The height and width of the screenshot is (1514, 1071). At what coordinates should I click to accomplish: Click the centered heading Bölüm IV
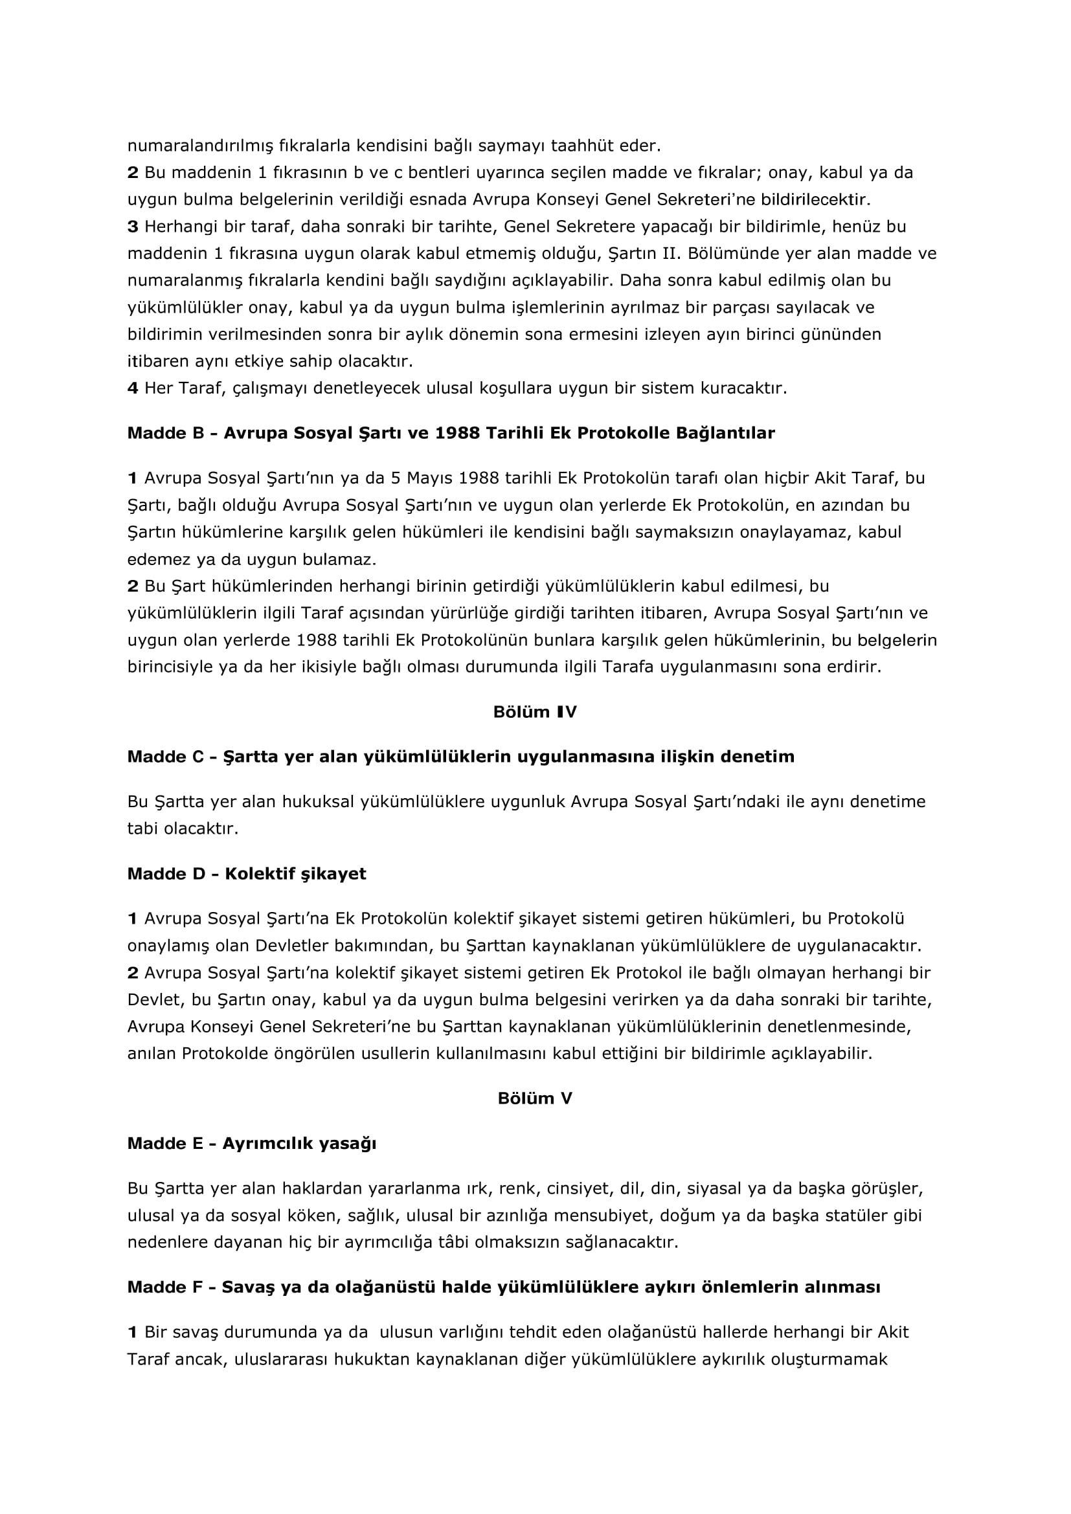[x=535, y=712]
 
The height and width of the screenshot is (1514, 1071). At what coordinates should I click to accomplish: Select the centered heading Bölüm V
[x=535, y=1098]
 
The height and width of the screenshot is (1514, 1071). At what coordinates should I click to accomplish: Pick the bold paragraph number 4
[x=133, y=388]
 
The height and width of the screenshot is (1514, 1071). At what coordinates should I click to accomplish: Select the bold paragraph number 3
[x=133, y=227]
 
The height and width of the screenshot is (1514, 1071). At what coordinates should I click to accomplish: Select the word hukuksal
[x=318, y=802]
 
